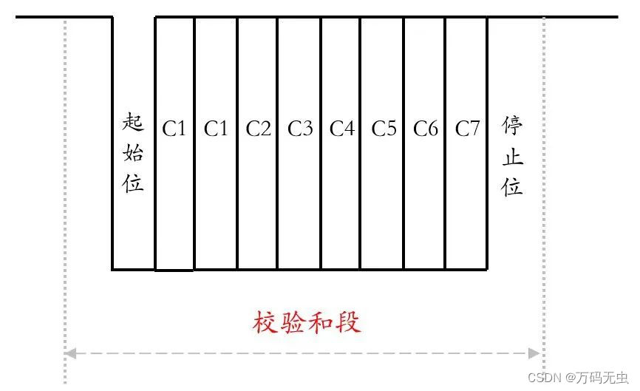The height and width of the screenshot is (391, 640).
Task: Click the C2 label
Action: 259,129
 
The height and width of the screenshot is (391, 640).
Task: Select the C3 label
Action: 300,129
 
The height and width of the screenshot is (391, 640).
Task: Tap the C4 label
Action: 342,129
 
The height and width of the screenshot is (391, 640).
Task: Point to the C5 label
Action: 384,129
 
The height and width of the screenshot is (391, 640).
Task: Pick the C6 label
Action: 426,129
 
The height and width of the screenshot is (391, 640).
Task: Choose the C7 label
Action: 467,129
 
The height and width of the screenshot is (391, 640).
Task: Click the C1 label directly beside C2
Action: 216,129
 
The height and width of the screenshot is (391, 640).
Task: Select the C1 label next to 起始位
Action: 174,129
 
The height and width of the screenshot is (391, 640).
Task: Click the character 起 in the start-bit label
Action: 133,123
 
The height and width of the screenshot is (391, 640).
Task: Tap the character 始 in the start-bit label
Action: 133,153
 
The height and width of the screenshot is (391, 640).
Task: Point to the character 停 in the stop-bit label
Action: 512,126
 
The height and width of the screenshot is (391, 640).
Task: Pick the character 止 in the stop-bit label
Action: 512,156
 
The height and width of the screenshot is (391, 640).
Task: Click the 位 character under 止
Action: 512,186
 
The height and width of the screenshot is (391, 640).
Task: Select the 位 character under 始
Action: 133,183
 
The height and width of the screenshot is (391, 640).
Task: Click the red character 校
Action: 265,323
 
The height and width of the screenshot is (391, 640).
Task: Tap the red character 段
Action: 349,323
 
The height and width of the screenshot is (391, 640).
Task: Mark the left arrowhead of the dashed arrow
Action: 70,353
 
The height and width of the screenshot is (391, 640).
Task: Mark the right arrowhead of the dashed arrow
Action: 535,353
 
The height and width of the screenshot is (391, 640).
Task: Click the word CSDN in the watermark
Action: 545,377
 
